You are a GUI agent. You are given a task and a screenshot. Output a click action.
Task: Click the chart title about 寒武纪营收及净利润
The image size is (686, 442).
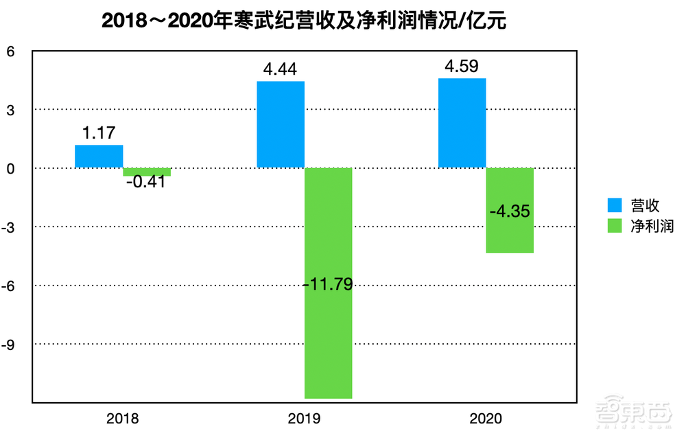pos(304,21)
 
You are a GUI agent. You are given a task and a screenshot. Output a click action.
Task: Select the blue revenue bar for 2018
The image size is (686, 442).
pos(99,156)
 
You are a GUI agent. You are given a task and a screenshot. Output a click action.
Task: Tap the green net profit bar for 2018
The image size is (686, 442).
pos(147,172)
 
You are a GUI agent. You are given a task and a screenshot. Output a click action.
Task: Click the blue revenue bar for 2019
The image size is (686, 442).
pos(281,124)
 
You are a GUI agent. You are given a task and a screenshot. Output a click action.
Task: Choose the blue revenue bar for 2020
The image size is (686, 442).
pos(462,123)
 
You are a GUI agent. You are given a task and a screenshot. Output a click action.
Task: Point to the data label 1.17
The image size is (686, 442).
pos(99,133)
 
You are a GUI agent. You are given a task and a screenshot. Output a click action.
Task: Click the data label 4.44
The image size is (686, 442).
pos(281,69)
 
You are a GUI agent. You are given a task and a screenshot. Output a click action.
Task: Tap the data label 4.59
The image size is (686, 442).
pos(462,66)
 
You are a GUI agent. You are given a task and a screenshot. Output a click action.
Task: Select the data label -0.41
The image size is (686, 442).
pos(146,184)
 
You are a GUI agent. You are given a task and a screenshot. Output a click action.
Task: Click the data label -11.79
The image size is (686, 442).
pos(328,283)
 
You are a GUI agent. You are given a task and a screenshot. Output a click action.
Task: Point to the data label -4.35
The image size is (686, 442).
pos(510,211)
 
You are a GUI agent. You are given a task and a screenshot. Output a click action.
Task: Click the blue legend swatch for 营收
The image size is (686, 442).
pos(615,205)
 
